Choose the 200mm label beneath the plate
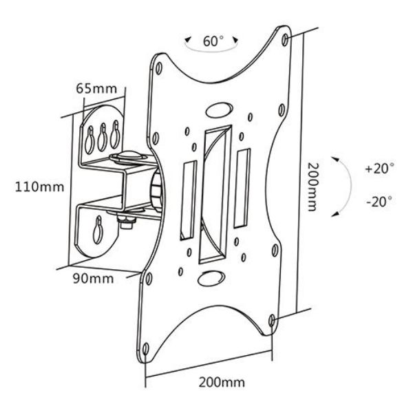tap(220, 381)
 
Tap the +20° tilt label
tap(379, 168)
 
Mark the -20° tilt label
tap(379, 201)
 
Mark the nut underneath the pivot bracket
tap(127, 222)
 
